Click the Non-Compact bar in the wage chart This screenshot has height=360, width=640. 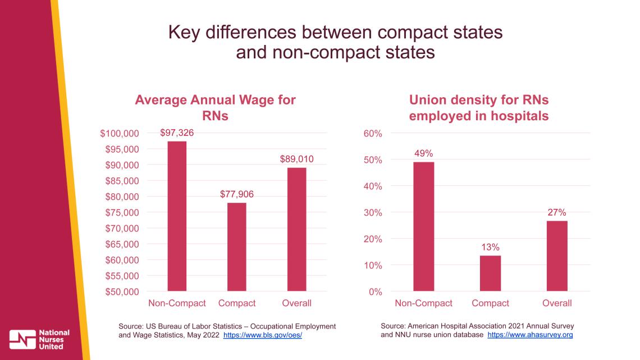click(x=177, y=216)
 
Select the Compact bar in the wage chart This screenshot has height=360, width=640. click(x=236, y=247)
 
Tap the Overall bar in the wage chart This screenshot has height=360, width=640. click(x=296, y=229)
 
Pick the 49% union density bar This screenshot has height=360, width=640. click(x=423, y=226)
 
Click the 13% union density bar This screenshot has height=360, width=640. click(x=490, y=273)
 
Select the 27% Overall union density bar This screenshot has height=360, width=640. click(x=557, y=256)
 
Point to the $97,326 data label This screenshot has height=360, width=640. click(x=177, y=133)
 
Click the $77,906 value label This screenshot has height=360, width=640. click(x=236, y=194)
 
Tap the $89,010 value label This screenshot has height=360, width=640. click(x=296, y=160)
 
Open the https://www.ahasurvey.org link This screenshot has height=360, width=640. click(x=530, y=335)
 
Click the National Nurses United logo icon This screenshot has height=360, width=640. click(x=22, y=339)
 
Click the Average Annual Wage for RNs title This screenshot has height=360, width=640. click(x=215, y=108)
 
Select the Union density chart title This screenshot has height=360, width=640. click(x=478, y=108)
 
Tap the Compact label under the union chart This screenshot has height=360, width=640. click(x=490, y=303)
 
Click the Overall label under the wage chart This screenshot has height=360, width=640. click(x=296, y=303)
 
